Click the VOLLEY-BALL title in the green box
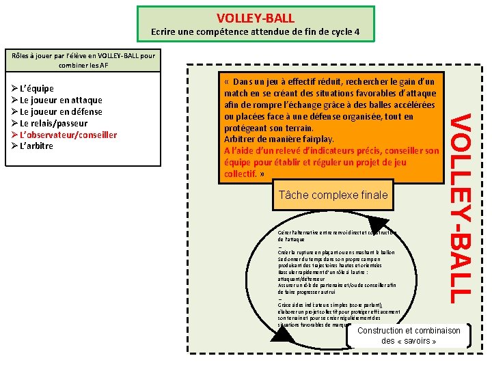tap(256, 18)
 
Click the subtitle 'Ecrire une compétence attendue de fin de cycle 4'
tap(256, 33)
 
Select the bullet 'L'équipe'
tap(38, 88)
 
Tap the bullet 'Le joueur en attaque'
tap(61, 100)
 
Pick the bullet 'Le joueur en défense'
tap(61, 111)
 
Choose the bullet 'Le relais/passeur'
tap(55, 123)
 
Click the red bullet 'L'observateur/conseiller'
tap(68, 135)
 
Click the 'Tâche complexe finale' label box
tap(333, 195)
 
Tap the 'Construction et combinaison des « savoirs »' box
tap(409, 336)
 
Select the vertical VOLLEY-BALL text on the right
tap(462, 208)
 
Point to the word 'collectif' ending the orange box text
tap(240, 174)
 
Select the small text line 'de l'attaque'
tap(291, 240)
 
